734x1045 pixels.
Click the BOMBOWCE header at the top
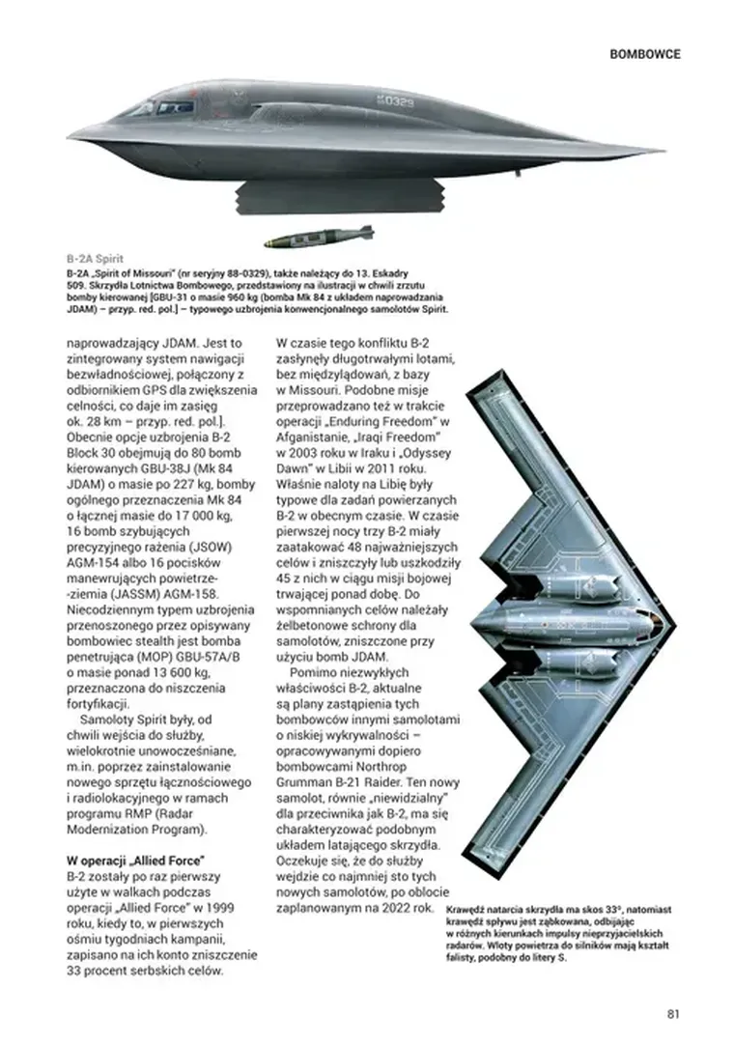[x=645, y=54]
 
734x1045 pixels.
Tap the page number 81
[x=674, y=1013]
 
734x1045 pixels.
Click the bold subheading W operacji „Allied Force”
[x=137, y=859]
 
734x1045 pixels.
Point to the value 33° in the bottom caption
[x=604, y=911]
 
